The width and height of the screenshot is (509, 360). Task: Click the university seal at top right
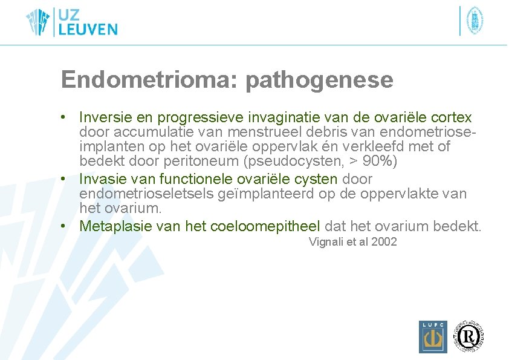474,21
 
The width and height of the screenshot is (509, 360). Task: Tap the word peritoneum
211,162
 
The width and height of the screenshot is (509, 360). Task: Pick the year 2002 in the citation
384,242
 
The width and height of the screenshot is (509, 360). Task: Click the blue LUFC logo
433,336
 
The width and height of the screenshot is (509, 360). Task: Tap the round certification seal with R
470,335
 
